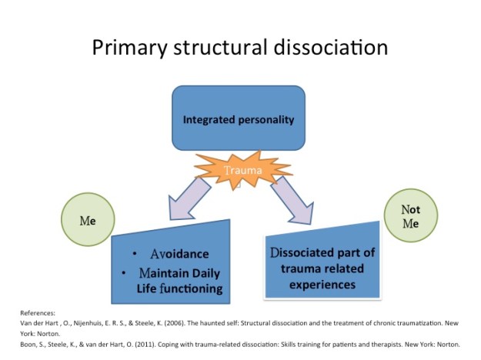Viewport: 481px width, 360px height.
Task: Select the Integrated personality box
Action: pyautogui.click(x=239, y=119)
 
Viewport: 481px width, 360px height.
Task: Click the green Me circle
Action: pyautogui.click(x=88, y=218)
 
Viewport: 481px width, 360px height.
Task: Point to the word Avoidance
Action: pyautogui.click(x=179, y=254)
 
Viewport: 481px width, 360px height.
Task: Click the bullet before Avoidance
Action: pyautogui.click(x=134, y=254)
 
